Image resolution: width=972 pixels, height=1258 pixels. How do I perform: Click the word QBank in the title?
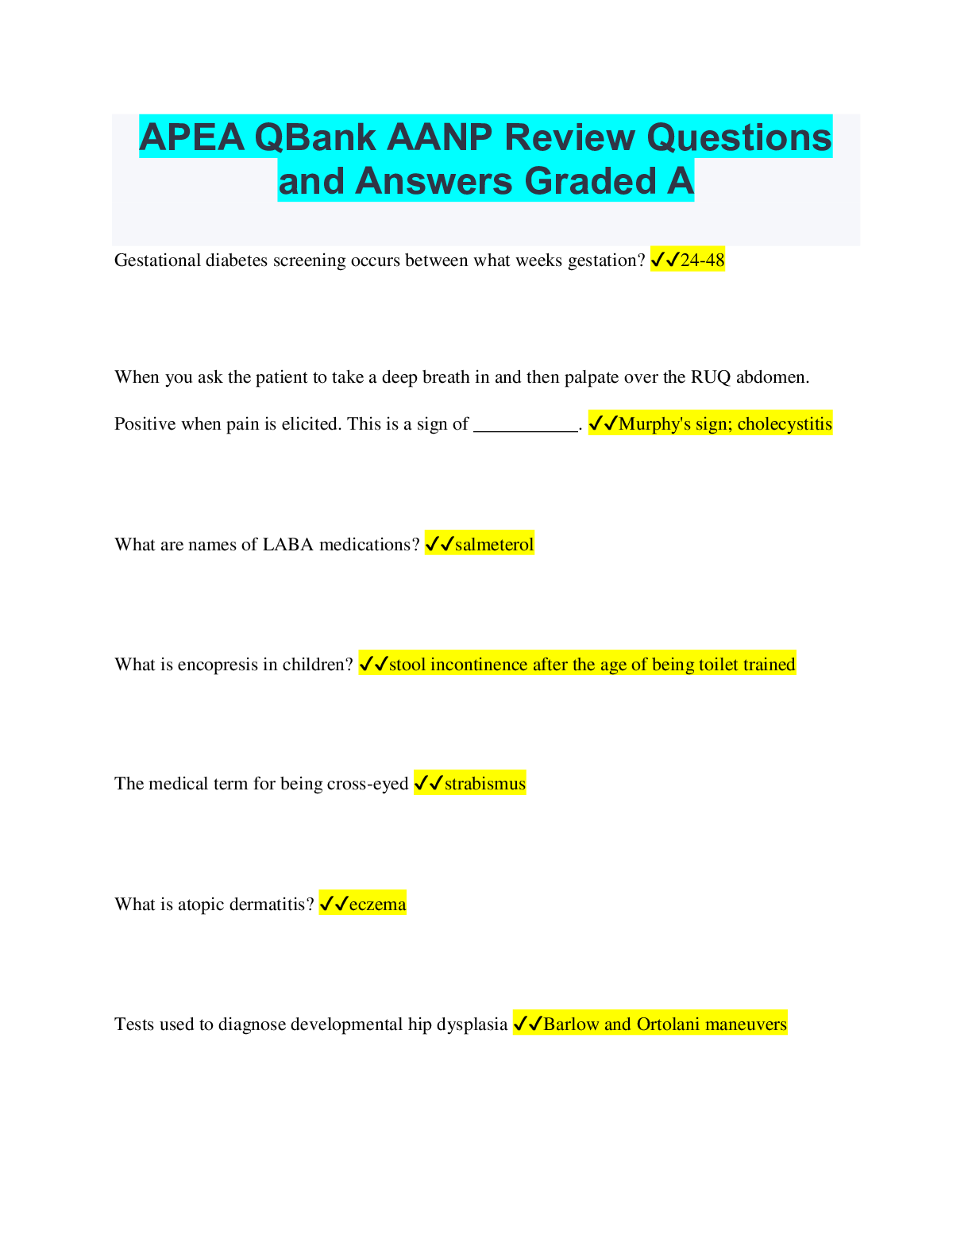[315, 137]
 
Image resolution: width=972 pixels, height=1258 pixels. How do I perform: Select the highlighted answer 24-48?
[702, 260]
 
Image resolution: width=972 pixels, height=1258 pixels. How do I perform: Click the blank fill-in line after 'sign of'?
[526, 431]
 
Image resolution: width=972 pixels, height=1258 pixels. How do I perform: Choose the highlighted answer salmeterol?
[495, 545]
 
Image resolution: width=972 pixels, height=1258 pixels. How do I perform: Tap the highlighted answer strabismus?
[485, 784]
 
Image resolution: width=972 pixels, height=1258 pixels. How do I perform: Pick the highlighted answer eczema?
[377, 905]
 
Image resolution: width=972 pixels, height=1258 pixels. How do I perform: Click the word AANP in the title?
[440, 137]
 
